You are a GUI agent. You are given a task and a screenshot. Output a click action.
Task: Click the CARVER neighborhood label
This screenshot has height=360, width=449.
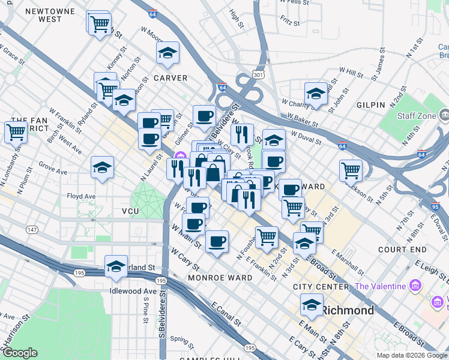coord(170,78)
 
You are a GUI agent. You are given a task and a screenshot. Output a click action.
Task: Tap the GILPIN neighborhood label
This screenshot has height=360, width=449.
coord(370,105)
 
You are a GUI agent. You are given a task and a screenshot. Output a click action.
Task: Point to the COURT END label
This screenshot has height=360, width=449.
coord(402,250)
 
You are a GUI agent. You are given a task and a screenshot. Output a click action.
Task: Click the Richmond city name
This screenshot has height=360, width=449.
coord(348,310)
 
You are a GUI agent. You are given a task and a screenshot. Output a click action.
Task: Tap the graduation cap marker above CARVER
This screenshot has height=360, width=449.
coord(168,54)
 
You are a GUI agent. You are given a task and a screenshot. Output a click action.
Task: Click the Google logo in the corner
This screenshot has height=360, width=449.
coord(20,353)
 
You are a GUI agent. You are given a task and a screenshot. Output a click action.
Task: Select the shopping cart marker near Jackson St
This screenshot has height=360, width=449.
coord(351,170)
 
